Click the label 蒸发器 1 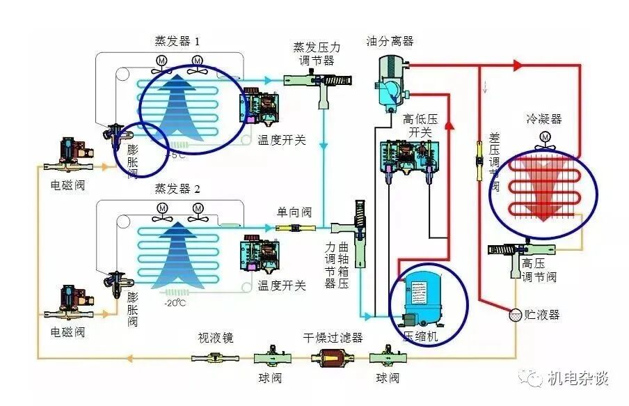[x=177, y=42]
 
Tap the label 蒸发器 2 [x=177, y=189]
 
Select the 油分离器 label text [x=390, y=42]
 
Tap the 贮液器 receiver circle [x=516, y=315]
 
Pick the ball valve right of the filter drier [x=387, y=358]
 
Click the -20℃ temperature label [x=175, y=303]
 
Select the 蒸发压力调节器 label [x=317, y=54]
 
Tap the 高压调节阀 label [x=539, y=270]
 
